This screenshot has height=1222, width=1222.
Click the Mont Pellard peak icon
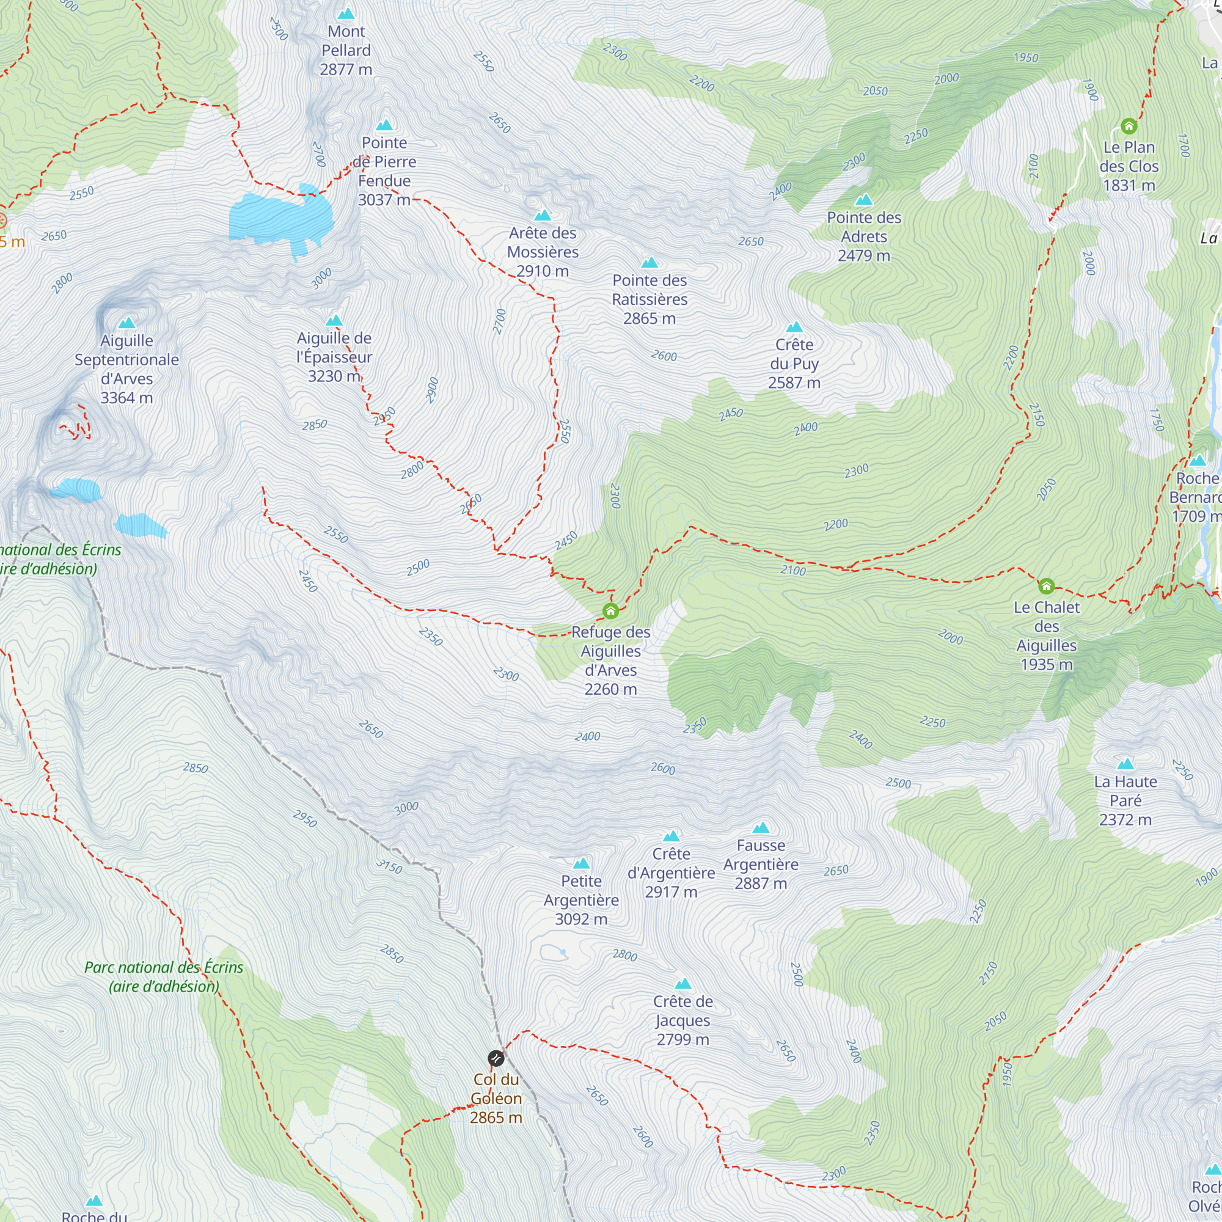pos(346,13)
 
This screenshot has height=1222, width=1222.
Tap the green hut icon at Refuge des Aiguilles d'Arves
pos(610,611)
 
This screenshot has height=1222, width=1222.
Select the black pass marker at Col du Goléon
pos(496,1058)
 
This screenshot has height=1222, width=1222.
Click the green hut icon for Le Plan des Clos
pos(1129,126)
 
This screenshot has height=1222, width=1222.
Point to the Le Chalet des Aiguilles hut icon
pos(1047,587)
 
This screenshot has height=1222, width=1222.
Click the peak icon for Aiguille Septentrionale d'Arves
pos(127,323)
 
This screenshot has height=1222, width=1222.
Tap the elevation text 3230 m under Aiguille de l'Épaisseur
pos(334,376)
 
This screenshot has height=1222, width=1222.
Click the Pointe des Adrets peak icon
pos(864,200)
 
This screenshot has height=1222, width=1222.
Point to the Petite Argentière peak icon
pos(581,863)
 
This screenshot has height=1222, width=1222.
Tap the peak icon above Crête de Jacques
pos(683,984)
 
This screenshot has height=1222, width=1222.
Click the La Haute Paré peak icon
pos(1125,764)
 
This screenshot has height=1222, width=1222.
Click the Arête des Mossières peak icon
pos(543,215)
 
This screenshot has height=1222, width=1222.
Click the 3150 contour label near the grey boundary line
pos(389,866)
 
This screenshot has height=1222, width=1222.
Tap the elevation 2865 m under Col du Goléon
pos(496,1118)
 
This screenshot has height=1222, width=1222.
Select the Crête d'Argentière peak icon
pos(671,836)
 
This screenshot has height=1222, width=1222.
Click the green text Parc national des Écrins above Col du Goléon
pos(164,967)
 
